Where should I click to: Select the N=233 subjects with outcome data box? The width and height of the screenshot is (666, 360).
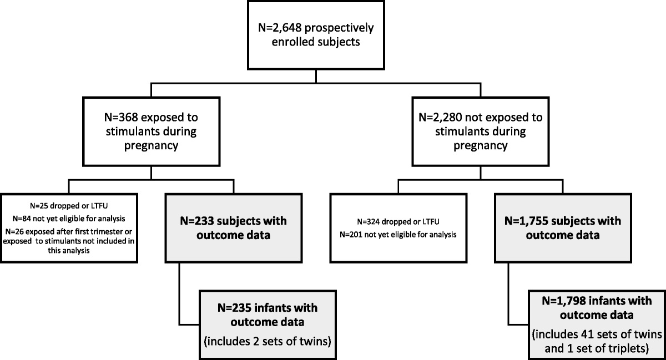click(x=234, y=227)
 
